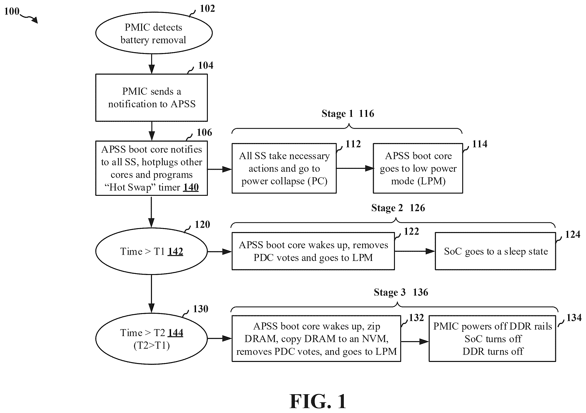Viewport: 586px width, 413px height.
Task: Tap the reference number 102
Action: (x=207, y=8)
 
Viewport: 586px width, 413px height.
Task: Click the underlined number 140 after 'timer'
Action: (x=191, y=187)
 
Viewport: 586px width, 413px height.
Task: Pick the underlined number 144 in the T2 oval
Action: (x=175, y=332)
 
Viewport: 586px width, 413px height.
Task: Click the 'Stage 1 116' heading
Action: (x=348, y=114)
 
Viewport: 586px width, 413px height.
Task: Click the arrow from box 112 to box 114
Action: (x=355, y=168)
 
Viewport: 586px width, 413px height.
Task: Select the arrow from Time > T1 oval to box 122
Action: (x=219, y=252)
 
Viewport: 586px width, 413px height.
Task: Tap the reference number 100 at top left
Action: (x=12, y=11)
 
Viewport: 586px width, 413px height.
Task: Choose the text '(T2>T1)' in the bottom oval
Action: (x=152, y=346)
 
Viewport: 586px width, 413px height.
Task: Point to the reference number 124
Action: (x=573, y=234)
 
